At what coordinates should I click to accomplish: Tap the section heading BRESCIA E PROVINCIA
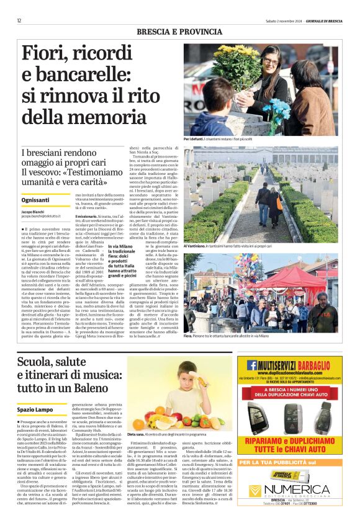tap(179, 30)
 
